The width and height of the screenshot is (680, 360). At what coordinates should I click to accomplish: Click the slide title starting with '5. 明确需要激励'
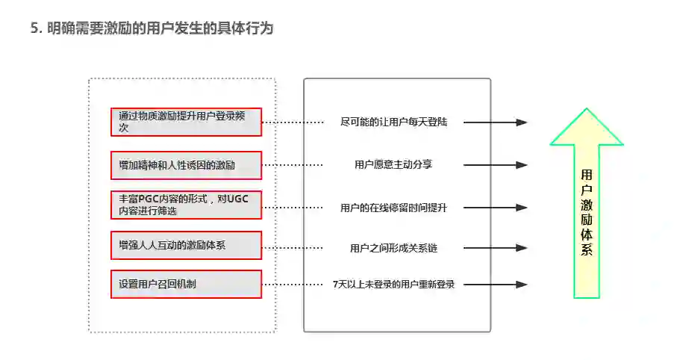[x=152, y=28]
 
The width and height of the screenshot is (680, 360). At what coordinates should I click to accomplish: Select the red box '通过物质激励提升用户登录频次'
[x=186, y=122]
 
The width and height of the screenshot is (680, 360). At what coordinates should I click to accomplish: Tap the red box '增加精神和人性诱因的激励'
[x=186, y=165]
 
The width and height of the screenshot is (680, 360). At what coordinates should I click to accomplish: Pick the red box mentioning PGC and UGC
[x=186, y=205]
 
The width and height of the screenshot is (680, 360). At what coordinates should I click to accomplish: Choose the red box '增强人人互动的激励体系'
[x=186, y=245]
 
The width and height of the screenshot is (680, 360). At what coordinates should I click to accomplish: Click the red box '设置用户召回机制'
[x=186, y=285]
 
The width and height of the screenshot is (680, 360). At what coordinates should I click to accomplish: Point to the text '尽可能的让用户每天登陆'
[x=393, y=122]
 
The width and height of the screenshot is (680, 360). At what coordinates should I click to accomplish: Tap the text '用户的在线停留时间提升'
[x=393, y=207]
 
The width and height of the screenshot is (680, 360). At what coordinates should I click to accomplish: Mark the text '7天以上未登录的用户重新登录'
[x=393, y=285]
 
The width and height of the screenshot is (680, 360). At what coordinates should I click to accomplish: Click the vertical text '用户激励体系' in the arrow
[x=587, y=213]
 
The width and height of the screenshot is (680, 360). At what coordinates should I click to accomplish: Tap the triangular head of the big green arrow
[x=587, y=127]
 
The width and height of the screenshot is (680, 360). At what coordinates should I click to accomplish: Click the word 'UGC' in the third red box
[x=237, y=199]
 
